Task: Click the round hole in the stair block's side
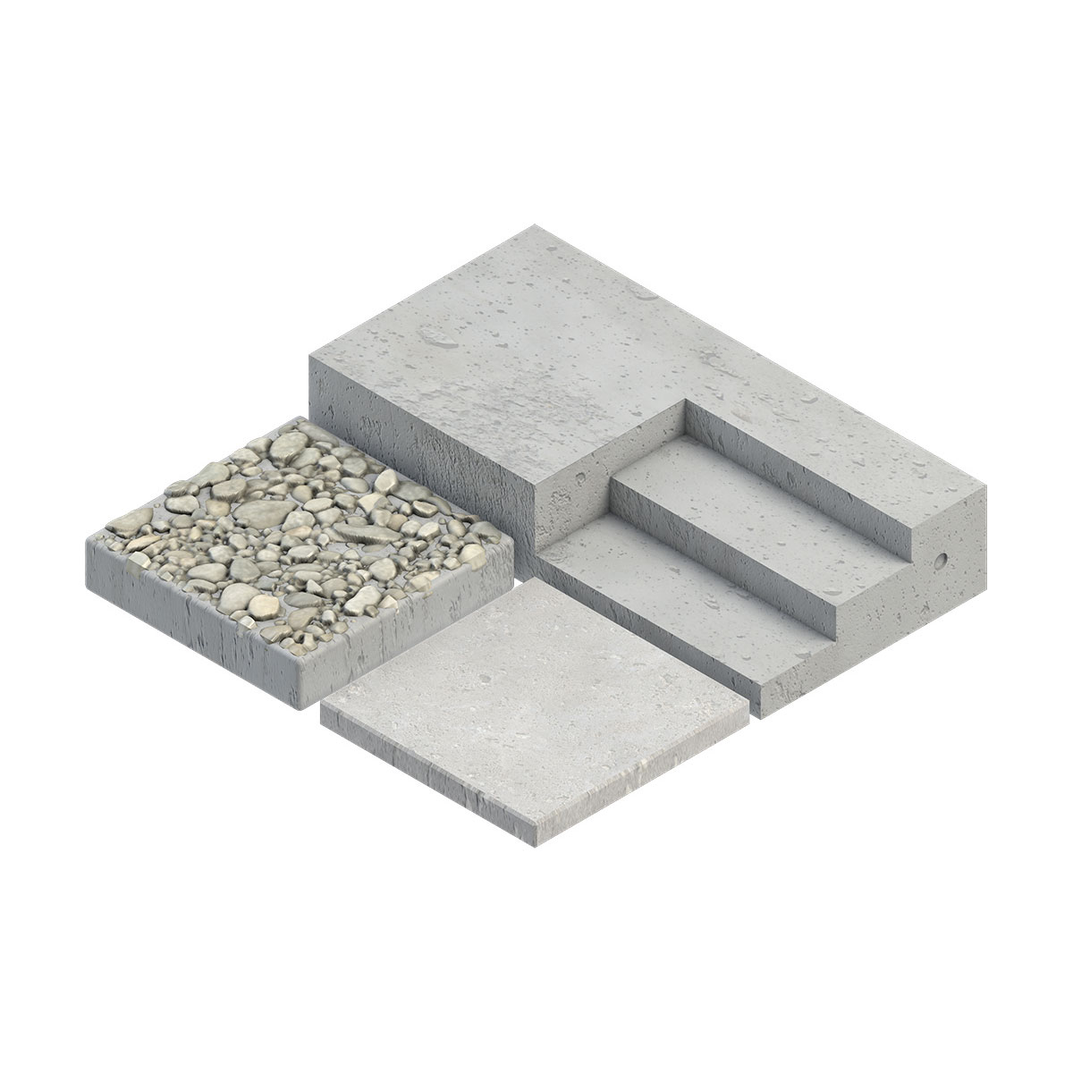(x=940, y=560)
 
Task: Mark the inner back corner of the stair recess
(x=686, y=404)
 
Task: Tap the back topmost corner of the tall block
(x=535, y=225)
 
